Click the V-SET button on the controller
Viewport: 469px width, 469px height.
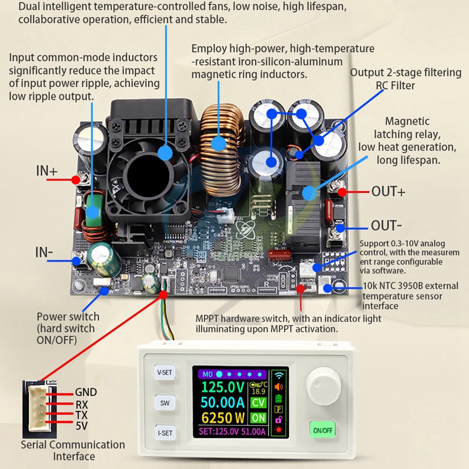click(x=165, y=372)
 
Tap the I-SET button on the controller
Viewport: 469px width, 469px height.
click(x=165, y=433)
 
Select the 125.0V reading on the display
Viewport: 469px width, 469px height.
click(x=223, y=388)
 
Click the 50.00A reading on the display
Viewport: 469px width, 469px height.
click(x=223, y=403)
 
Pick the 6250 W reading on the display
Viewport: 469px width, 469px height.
click(x=223, y=418)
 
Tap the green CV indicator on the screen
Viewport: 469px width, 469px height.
click(x=258, y=403)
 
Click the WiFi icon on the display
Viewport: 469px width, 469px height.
click(x=278, y=375)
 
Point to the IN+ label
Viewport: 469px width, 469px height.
click(x=47, y=172)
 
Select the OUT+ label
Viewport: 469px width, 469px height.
click(x=388, y=192)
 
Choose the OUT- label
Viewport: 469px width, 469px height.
click(x=386, y=226)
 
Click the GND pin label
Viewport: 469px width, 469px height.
click(x=86, y=393)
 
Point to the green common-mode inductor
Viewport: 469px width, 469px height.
click(x=93, y=211)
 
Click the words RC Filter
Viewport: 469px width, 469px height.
click(x=395, y=86)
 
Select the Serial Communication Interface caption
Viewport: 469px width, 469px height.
click(x=73, y=450)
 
